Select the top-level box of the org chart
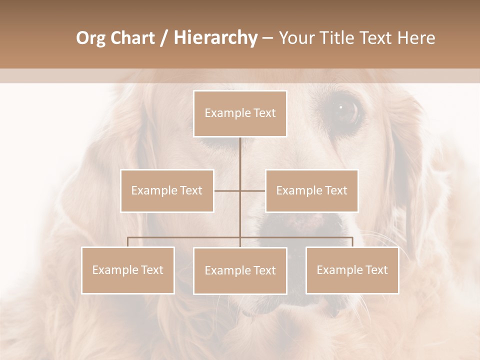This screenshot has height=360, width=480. (240, 113)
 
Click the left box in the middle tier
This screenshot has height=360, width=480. (167, 190)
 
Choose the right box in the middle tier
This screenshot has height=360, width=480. (311, 190)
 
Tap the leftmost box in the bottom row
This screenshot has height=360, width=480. (128, 270)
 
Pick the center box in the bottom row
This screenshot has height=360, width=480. (240, 270)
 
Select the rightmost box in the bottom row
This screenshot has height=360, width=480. (352, 270)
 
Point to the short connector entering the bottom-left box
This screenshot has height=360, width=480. (128, 242)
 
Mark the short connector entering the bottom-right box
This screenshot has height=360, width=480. (352, 242)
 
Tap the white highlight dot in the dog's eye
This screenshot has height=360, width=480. (341, 106)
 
